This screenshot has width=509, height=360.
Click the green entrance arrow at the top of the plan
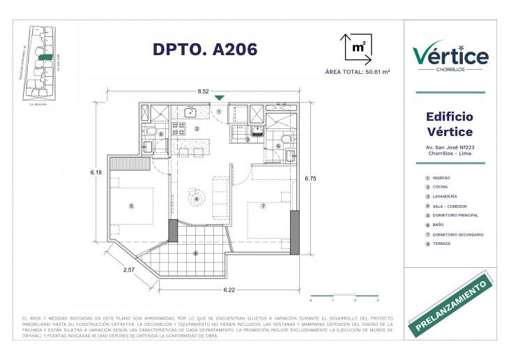(x=220, y=98)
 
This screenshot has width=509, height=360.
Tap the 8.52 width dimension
(x=204, y=91)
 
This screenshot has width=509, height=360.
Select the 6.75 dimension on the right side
(x=311, y=179)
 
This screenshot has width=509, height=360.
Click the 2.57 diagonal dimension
(x=129, y=269)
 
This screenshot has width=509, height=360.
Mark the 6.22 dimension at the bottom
(x=229, y=289)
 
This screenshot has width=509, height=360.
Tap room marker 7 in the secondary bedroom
(x=263, y=206)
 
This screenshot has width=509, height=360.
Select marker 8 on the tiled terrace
(x=196, y=253)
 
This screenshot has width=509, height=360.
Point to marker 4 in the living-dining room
(x=197, y=199)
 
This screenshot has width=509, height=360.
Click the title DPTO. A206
(x=205, y=49)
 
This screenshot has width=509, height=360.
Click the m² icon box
(x=358, y=47)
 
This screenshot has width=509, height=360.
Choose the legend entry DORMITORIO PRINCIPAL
(x=457, y=216)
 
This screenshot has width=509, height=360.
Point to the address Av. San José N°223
(x=450, y=147)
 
